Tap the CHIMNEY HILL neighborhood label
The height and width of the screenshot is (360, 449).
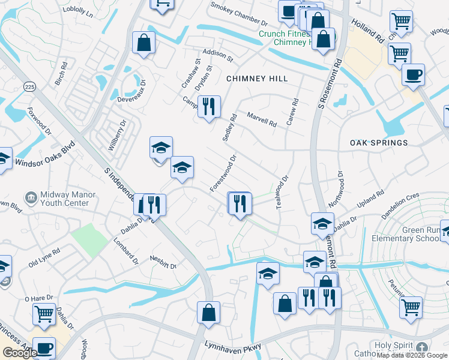coord(257,79)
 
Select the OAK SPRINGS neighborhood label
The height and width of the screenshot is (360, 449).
coord(379,143)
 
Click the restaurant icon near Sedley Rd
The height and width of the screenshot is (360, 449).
coord(209,107)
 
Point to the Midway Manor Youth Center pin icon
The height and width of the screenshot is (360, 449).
coord(31,197)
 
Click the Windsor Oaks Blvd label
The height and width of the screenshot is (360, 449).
coord(45,155)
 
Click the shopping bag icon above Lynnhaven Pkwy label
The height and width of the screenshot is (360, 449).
coord(208,313)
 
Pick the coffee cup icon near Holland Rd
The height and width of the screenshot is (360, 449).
coord(412,75)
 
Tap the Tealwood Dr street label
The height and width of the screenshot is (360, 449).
coord(282,191)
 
